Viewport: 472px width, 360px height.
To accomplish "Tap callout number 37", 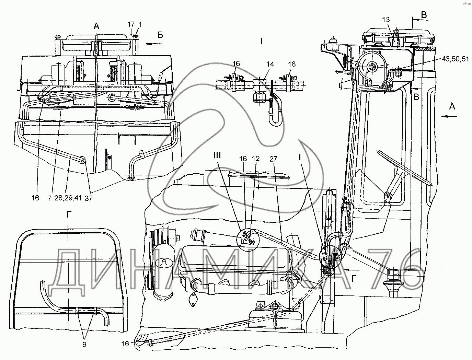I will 88,198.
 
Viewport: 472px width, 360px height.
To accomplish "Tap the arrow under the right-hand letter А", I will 451,116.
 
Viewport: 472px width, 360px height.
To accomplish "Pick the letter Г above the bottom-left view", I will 69,214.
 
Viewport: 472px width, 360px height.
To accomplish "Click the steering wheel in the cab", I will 405,168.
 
